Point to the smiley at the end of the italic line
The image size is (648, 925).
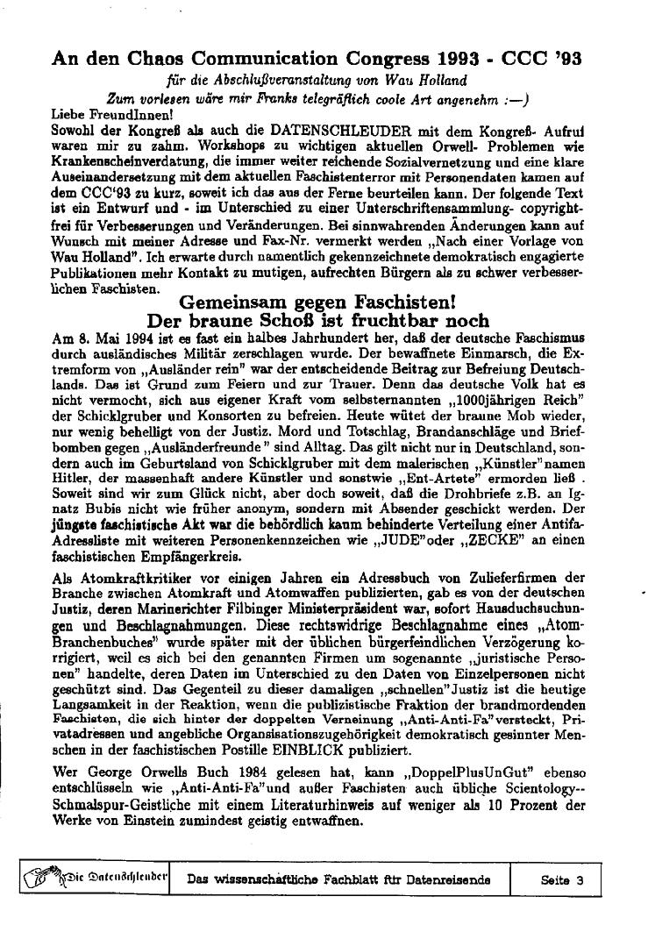[x=512, y=99]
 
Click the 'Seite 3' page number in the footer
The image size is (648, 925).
[x=563, y=879]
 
